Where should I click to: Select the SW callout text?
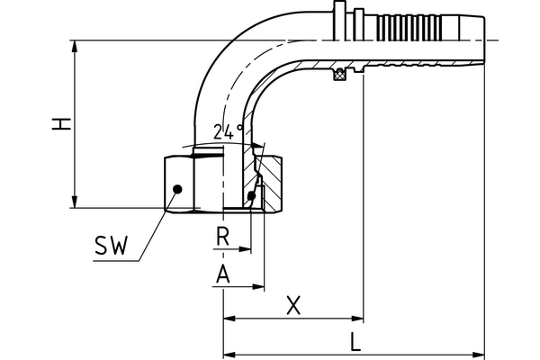[111, 244]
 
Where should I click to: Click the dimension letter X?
[292, 305]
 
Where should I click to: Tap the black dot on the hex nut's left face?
[178, 188]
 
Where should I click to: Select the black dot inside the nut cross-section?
[250, 195]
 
